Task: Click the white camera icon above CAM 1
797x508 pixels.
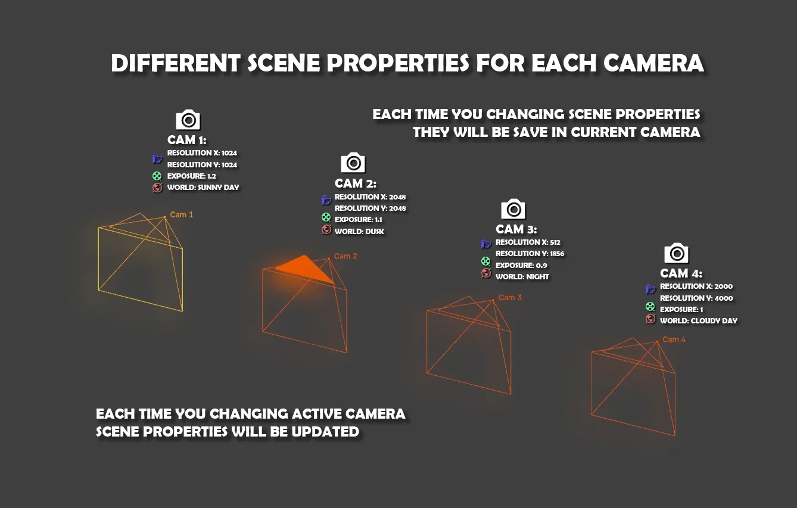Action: pos(188,120)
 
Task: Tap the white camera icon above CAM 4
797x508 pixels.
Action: pos(676,253)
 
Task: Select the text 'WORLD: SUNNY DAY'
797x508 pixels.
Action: pos(203,188)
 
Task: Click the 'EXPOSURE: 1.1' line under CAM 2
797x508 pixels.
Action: pos(359,220)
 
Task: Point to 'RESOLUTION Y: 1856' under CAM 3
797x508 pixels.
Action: pos(530,254)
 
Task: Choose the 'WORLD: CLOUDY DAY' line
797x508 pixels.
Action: pos(699,321)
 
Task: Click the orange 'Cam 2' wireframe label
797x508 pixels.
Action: pos(345,256)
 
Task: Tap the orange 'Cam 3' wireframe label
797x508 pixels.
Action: pos(510,297)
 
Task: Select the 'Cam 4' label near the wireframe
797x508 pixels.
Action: pos(674,339)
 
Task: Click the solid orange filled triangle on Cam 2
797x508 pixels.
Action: pos(306,269)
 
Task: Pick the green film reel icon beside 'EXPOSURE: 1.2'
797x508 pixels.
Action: pos(157,176)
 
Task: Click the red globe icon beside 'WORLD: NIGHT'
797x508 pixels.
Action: pos(486,273)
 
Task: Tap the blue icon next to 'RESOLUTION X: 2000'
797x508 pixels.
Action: pos(650,289)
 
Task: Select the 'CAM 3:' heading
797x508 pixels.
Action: pos(516,229)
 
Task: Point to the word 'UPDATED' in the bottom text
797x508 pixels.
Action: pos(325,432)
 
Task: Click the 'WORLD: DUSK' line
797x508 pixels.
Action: pos(359,232)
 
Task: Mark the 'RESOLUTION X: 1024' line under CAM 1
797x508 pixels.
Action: pos(202,153)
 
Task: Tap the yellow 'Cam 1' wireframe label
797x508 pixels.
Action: pos(182,214)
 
